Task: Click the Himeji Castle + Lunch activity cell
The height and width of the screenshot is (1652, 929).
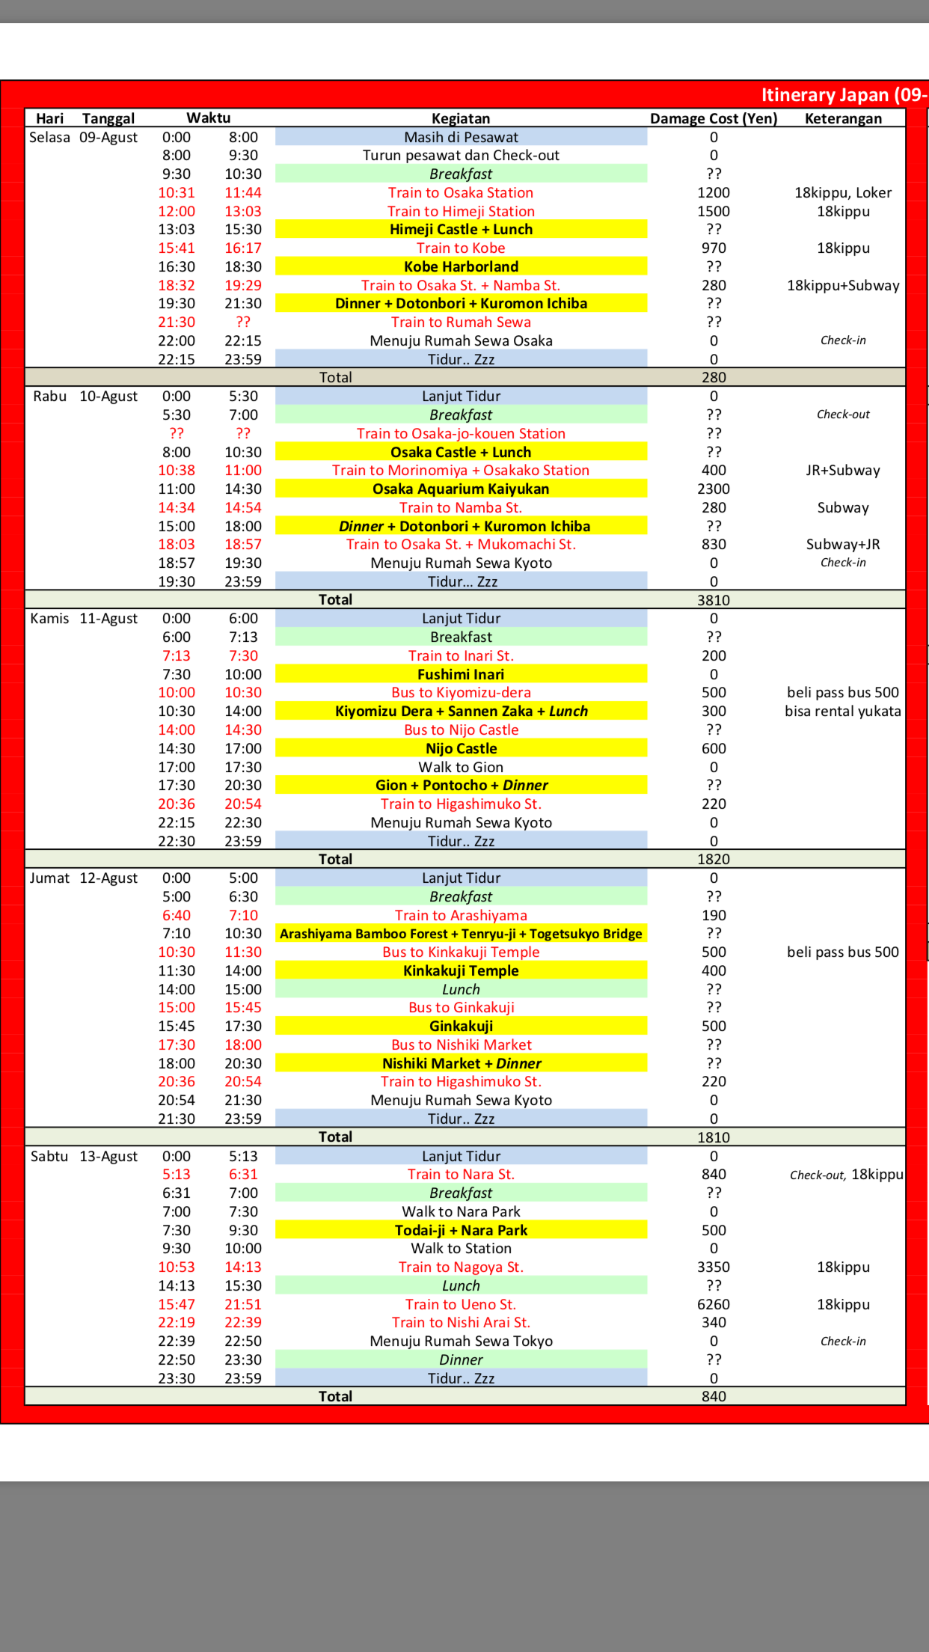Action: click(461, 230)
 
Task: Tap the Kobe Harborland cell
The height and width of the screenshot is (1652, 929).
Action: click(461, 266)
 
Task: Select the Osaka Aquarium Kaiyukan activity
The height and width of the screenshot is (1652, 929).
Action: click(461, 489)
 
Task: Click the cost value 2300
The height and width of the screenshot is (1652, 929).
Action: click(714, 489)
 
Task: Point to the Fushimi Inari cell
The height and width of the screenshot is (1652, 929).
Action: click(461, 674)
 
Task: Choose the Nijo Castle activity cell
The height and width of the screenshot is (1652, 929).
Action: click(461, 748)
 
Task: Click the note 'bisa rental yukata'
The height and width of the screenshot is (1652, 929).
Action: click(843, 711)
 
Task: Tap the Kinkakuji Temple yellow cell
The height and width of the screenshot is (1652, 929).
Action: click(461, 970)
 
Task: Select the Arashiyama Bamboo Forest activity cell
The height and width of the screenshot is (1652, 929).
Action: click(461, 934)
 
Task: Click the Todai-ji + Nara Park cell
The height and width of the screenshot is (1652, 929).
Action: click(461, 1230)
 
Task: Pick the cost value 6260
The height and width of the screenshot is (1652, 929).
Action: click(714, 1304)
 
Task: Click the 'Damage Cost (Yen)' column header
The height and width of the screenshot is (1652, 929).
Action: click(714, 118)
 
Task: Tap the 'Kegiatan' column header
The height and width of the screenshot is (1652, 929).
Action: click(461, 118)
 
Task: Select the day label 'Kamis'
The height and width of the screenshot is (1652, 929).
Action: click(49, 618)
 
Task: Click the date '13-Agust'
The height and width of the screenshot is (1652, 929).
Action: click(108, 1156)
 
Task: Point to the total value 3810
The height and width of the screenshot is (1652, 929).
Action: click(714, 600)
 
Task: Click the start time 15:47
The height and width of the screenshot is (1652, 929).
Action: click(177, 1304)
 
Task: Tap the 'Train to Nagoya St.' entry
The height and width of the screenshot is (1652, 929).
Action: click(461, 1267)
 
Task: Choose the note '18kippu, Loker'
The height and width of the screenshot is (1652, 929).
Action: click(843, 192)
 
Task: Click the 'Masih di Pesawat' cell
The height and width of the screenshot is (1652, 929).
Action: click(461, 137)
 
